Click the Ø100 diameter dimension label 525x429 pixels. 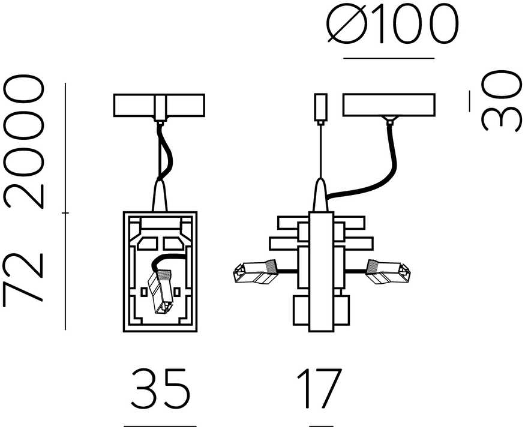(x=392, y=25)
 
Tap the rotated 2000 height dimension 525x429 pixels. (x=23, y=142)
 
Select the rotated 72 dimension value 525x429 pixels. (x=23, y=277)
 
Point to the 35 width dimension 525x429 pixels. (x=160, y=388)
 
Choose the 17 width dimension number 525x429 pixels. (x=319, y=388)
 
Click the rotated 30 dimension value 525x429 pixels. (x=502, y=100)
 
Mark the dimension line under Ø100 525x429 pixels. (x=389, y=58)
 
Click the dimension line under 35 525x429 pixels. (x=160, y=427)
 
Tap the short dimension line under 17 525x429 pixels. (x=319, y=427)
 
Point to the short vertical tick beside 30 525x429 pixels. (x=469, y=101)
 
